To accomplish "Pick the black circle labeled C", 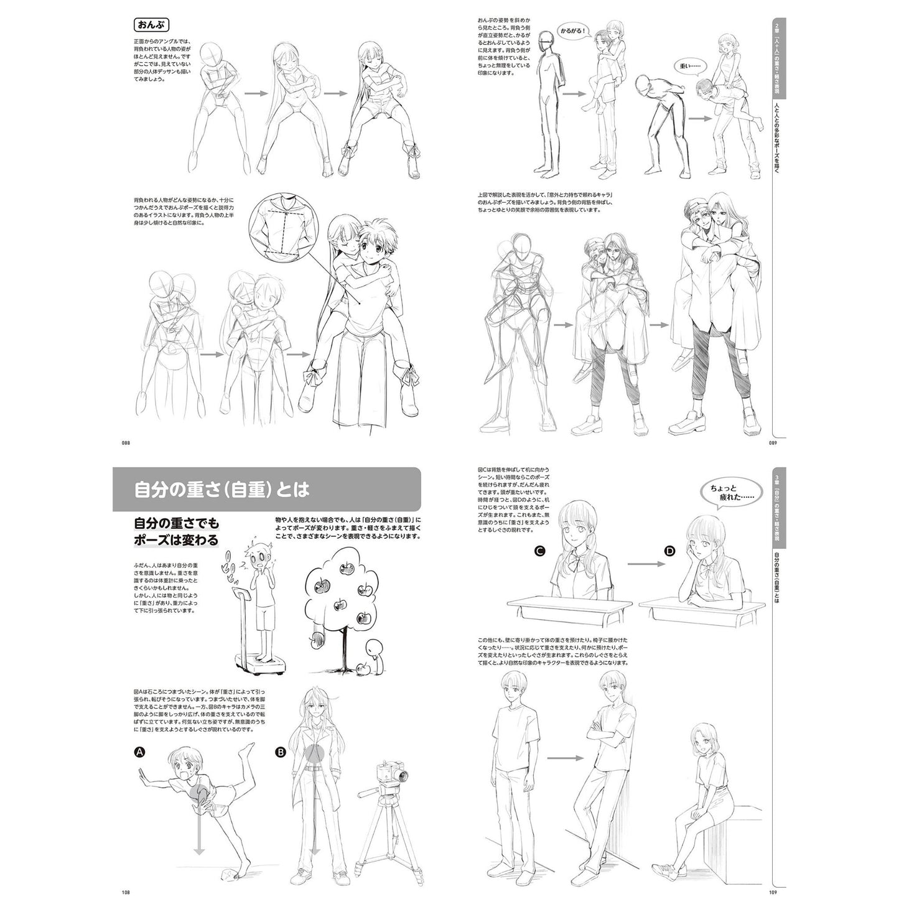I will [x=539, y=551].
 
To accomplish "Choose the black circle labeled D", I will [x=670, y=551].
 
